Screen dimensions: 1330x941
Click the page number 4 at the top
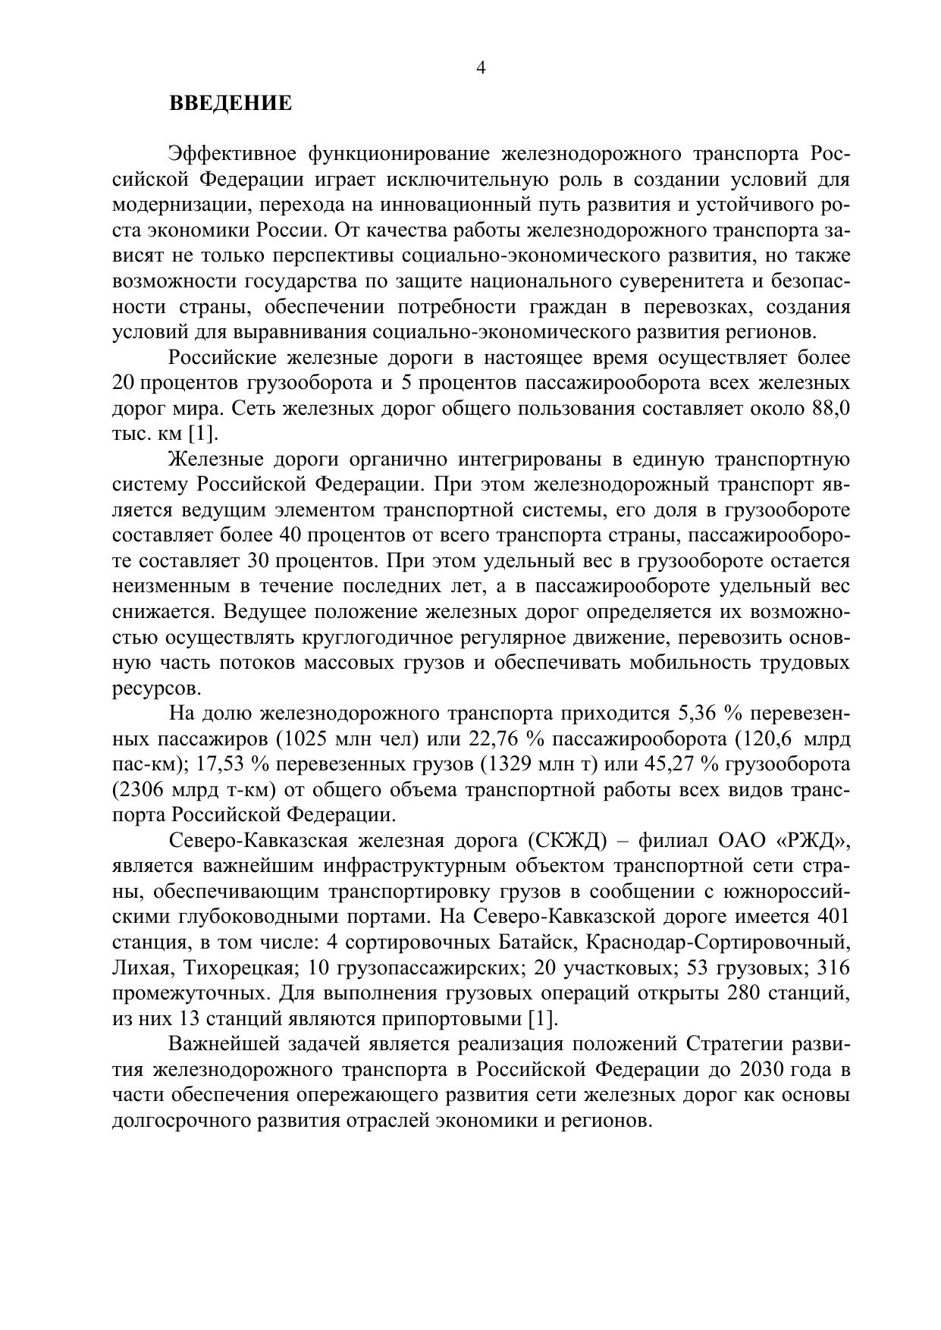[481, 68]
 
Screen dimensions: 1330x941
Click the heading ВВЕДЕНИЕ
[230, 103]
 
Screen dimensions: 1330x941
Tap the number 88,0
[830, 409]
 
